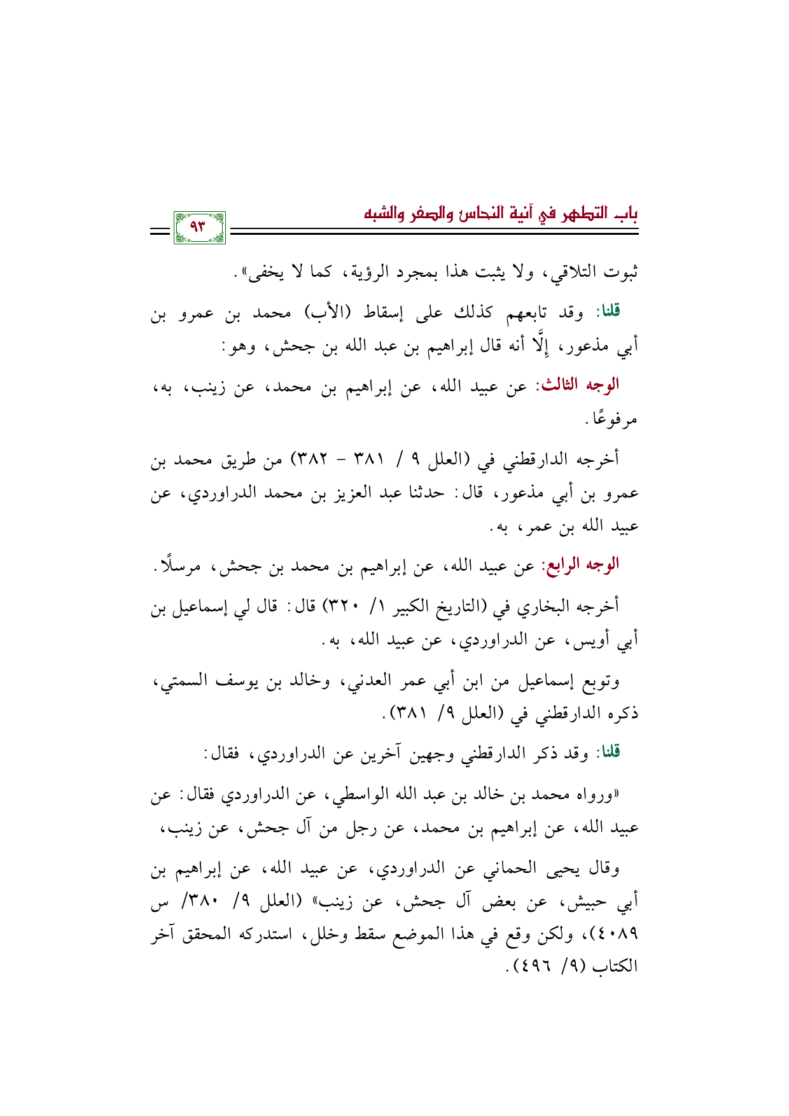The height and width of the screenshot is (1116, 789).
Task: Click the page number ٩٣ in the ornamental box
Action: tap(199, 226)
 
